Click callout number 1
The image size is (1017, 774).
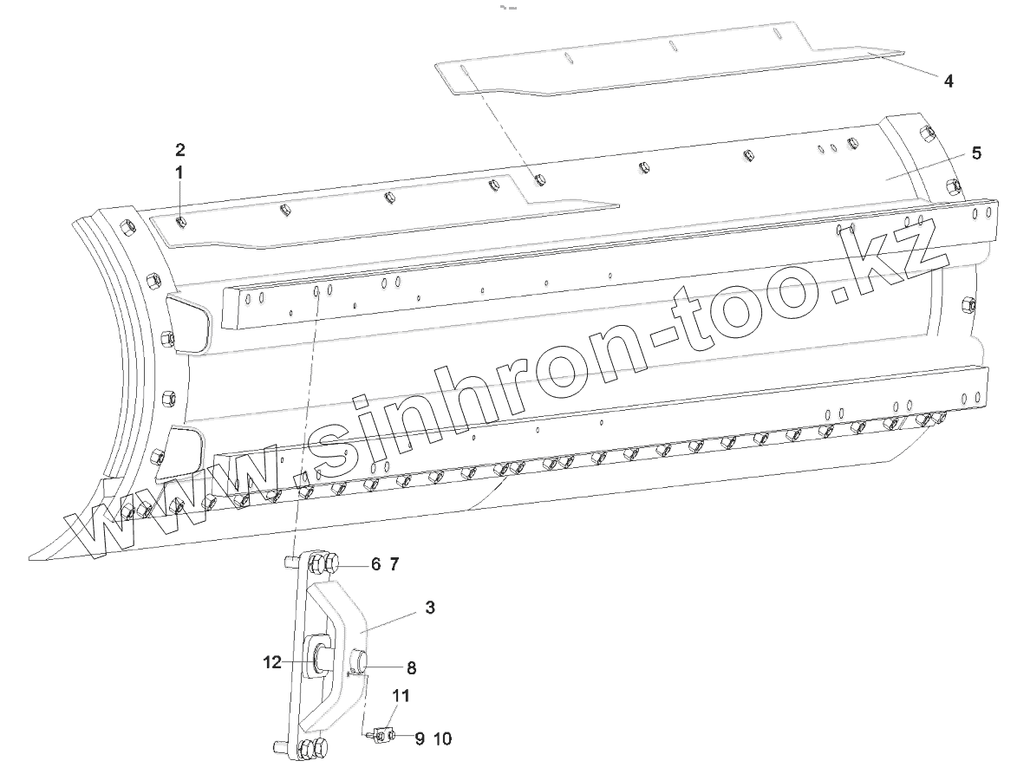[x=179, y=172]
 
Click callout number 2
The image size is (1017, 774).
[x=179, y=148]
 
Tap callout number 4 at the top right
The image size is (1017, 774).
[x=949, y=81]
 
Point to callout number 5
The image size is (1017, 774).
[x=976, y=153]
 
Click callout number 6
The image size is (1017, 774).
[x=375, y=564]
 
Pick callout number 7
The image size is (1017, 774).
[x=394, y=564]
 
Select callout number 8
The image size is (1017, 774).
[x=411, y=668]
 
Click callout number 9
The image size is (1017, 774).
[x=419, y=738]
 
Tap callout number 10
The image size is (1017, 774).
[x=442, y=738]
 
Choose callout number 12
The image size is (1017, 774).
[x=272, y=662]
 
